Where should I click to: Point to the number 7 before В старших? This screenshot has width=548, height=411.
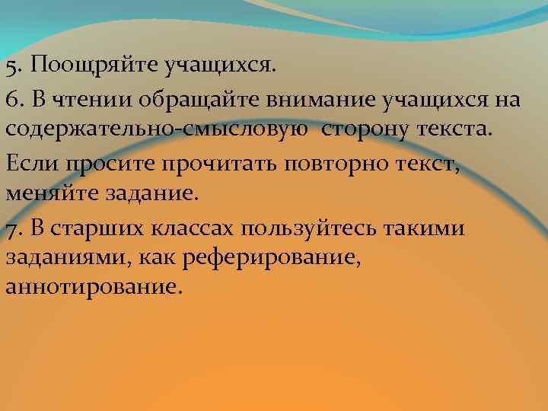point(11,229)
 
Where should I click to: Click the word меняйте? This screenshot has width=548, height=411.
point(46,192)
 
